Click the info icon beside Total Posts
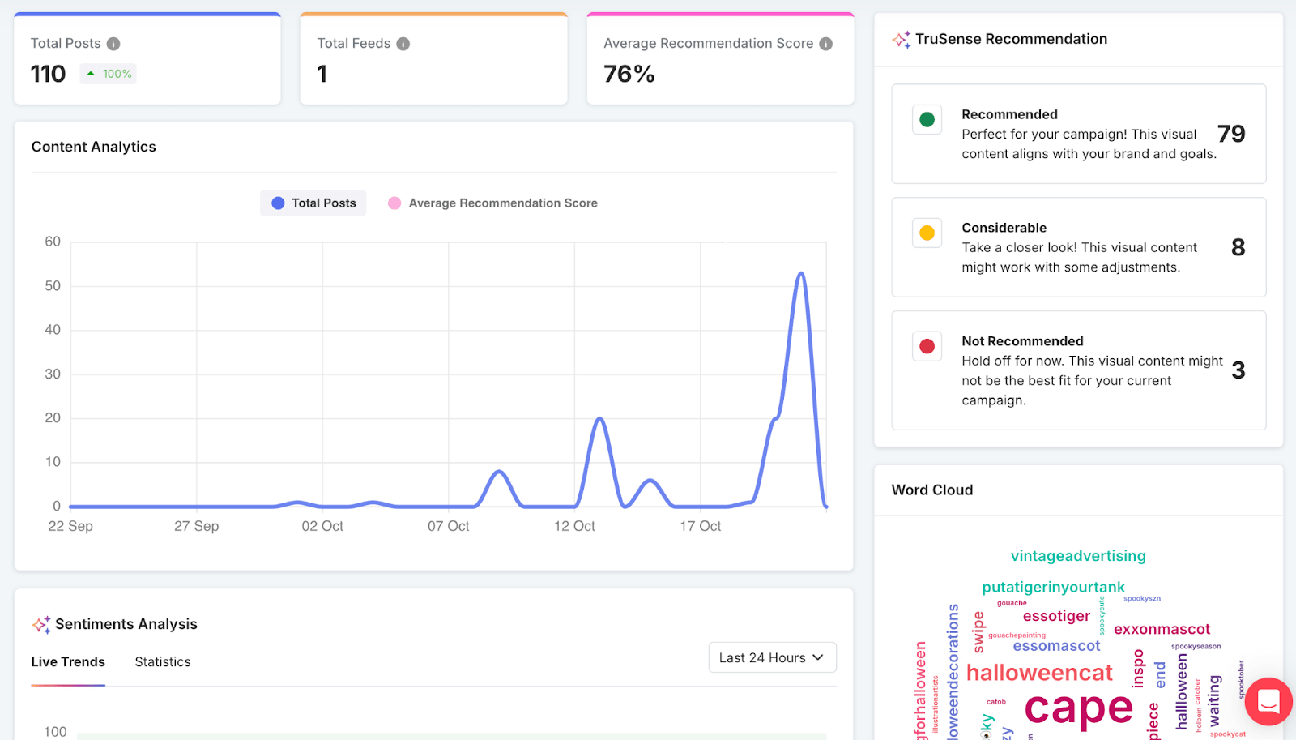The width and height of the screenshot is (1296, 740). pos(113,44)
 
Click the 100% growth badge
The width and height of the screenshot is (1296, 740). pos(109,74)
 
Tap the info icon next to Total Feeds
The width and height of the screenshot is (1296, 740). pos(403,44)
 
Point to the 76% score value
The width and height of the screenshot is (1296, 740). pos(629,75)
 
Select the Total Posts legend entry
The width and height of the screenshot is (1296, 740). pos(313,203)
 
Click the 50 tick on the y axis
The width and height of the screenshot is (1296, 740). pos(53,286)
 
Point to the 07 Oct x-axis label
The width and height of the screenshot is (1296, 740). pos(449,526)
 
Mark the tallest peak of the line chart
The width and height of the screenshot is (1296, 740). pos(801,273)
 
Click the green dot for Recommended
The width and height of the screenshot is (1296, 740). pos(927,120)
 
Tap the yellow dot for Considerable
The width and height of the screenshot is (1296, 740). pos(927,233)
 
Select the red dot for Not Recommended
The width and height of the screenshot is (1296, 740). pos(927,347)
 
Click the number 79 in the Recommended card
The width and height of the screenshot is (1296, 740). pos(1231,134)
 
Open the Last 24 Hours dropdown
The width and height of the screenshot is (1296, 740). pos(772,657)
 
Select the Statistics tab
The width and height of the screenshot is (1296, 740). pos(163,662)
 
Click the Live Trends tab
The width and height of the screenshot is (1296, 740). pos(68,662)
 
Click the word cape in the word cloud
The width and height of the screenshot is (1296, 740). pos(1078,708)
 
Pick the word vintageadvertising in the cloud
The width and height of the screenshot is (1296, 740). pos(1078,556)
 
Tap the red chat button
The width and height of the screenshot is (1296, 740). pos(1268,701)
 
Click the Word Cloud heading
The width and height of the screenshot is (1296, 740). pos(932,490)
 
